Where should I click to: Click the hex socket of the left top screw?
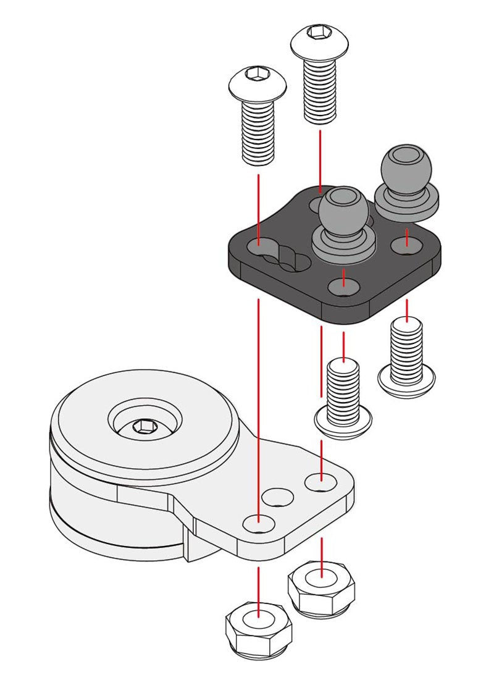click(257, 76)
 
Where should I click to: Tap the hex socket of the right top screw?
click(319, 32)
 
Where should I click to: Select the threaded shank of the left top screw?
click(258, 133)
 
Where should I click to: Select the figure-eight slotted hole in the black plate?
click(278, 254)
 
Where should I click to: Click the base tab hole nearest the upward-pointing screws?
click(321, 480)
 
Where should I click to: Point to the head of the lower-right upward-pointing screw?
click(406, 380)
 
